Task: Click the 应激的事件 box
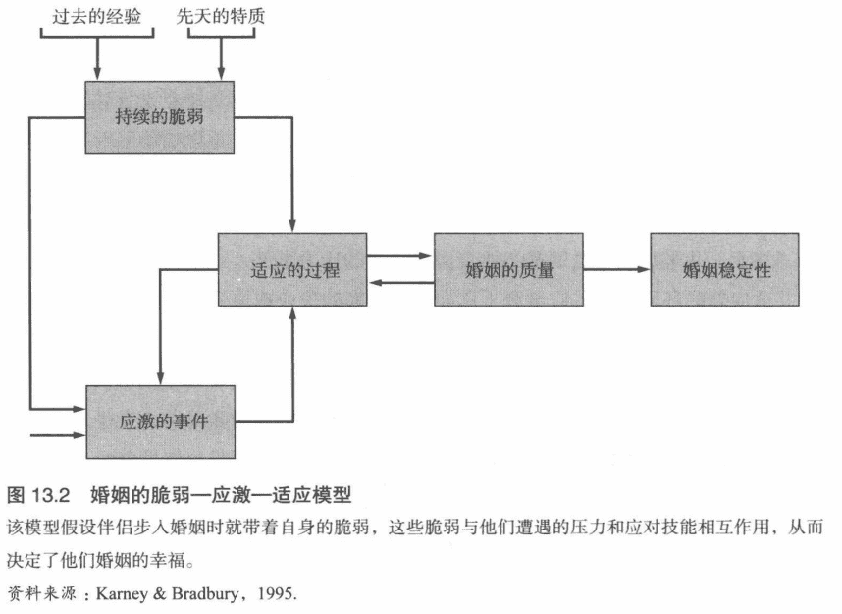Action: tap(163, 421)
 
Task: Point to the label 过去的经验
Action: tap(97, 17)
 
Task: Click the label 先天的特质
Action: tap(222, 17)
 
